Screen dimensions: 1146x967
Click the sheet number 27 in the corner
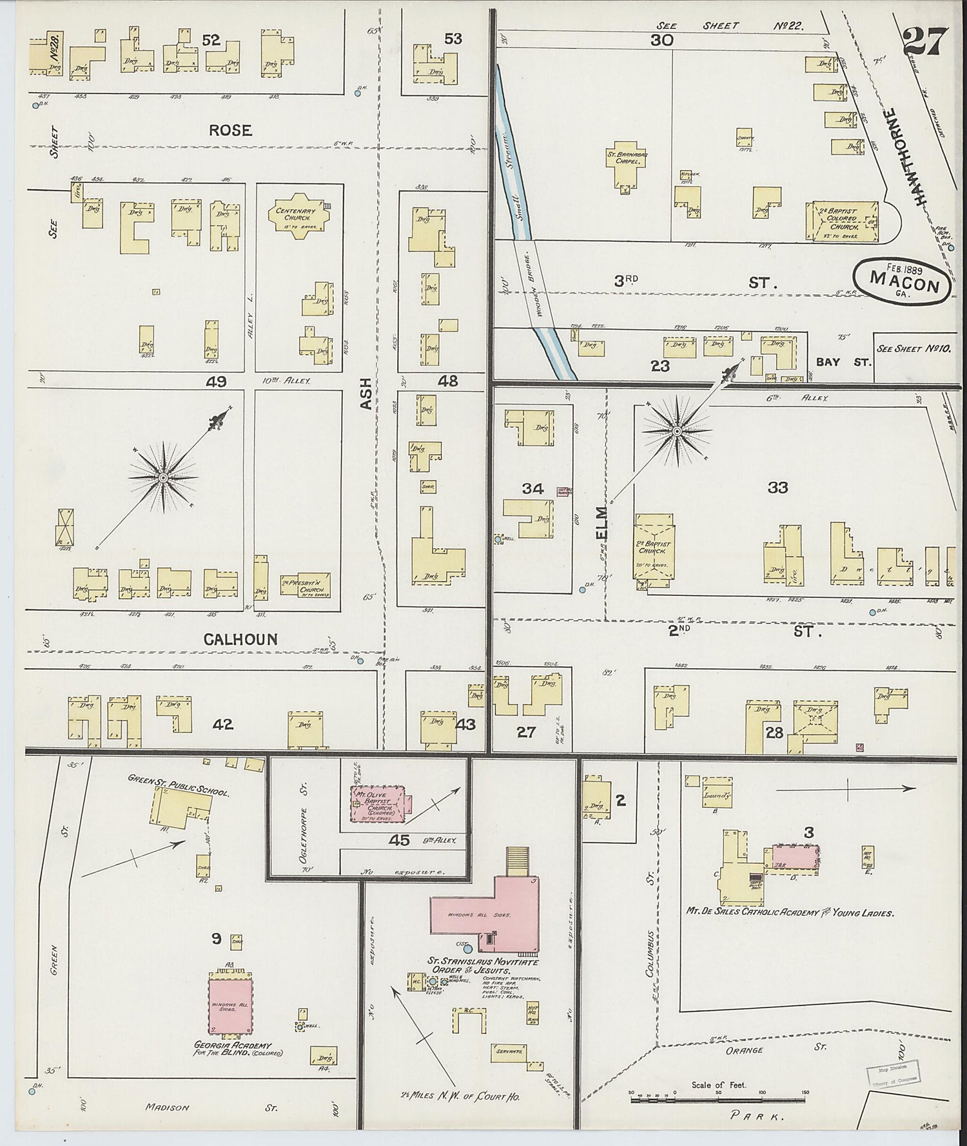[925, 42]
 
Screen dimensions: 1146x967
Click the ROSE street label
[230, 130]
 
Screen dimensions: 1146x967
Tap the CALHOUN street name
[240, 639]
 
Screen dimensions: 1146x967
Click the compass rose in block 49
[164, 477]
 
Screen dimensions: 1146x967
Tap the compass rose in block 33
[678, 430]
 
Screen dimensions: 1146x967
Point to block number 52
[211, 40]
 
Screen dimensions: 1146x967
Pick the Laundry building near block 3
[718, 796]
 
